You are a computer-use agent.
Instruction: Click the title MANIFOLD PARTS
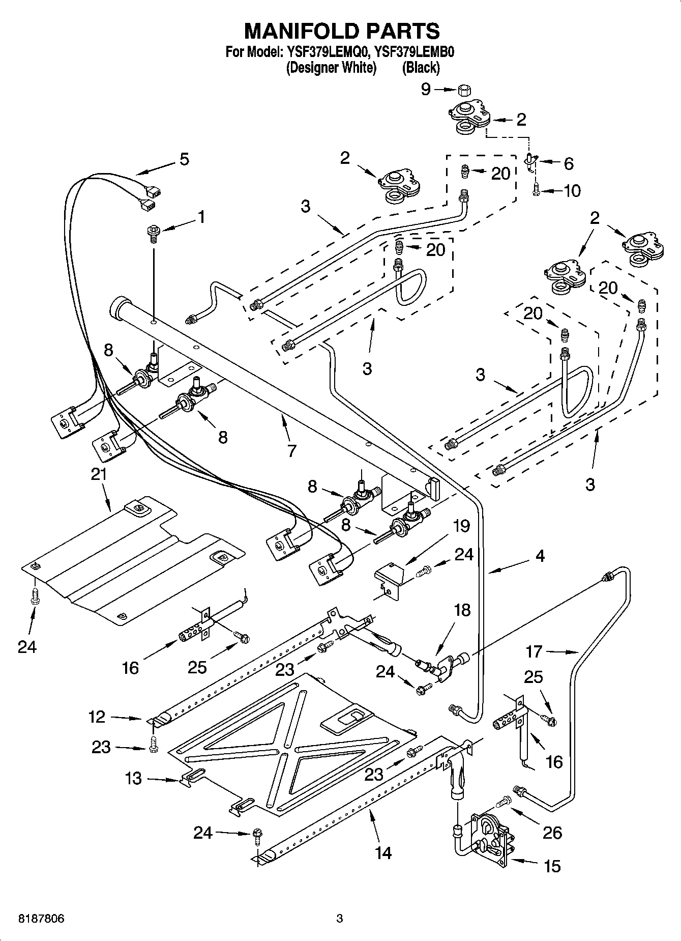[x=342, y=31]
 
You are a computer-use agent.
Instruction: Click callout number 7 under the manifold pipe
[x=291, y=450]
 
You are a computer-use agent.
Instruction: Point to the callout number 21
[x=99, y=474]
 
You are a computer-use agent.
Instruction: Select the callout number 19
[x=461, y=525]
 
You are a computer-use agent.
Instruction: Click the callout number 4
[x=540, y=556]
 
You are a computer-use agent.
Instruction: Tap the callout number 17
[x=535, y=651]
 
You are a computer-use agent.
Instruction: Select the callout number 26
[x=552, y=833]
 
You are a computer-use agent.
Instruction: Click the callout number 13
[x=133, y=778]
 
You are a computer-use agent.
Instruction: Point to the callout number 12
[x=97, y=717]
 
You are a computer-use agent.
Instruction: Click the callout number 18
[x=462, y=609]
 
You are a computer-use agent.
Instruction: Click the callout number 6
[x=568, y=163]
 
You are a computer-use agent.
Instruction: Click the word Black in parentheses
[x=421, y=67]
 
